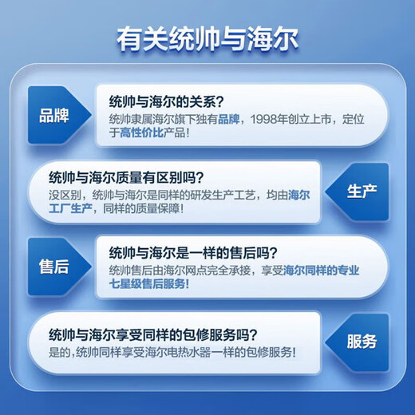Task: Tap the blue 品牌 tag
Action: coord(54,113)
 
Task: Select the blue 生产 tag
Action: coord(362,192)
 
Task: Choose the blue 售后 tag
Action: coord(54,267)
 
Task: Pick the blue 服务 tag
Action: coord(362,342)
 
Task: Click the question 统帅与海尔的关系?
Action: coord(165,101)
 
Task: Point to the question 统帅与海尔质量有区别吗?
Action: coord(126,176)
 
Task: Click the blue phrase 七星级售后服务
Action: coord(150,284)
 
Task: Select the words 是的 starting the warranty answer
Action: coord(59,352)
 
